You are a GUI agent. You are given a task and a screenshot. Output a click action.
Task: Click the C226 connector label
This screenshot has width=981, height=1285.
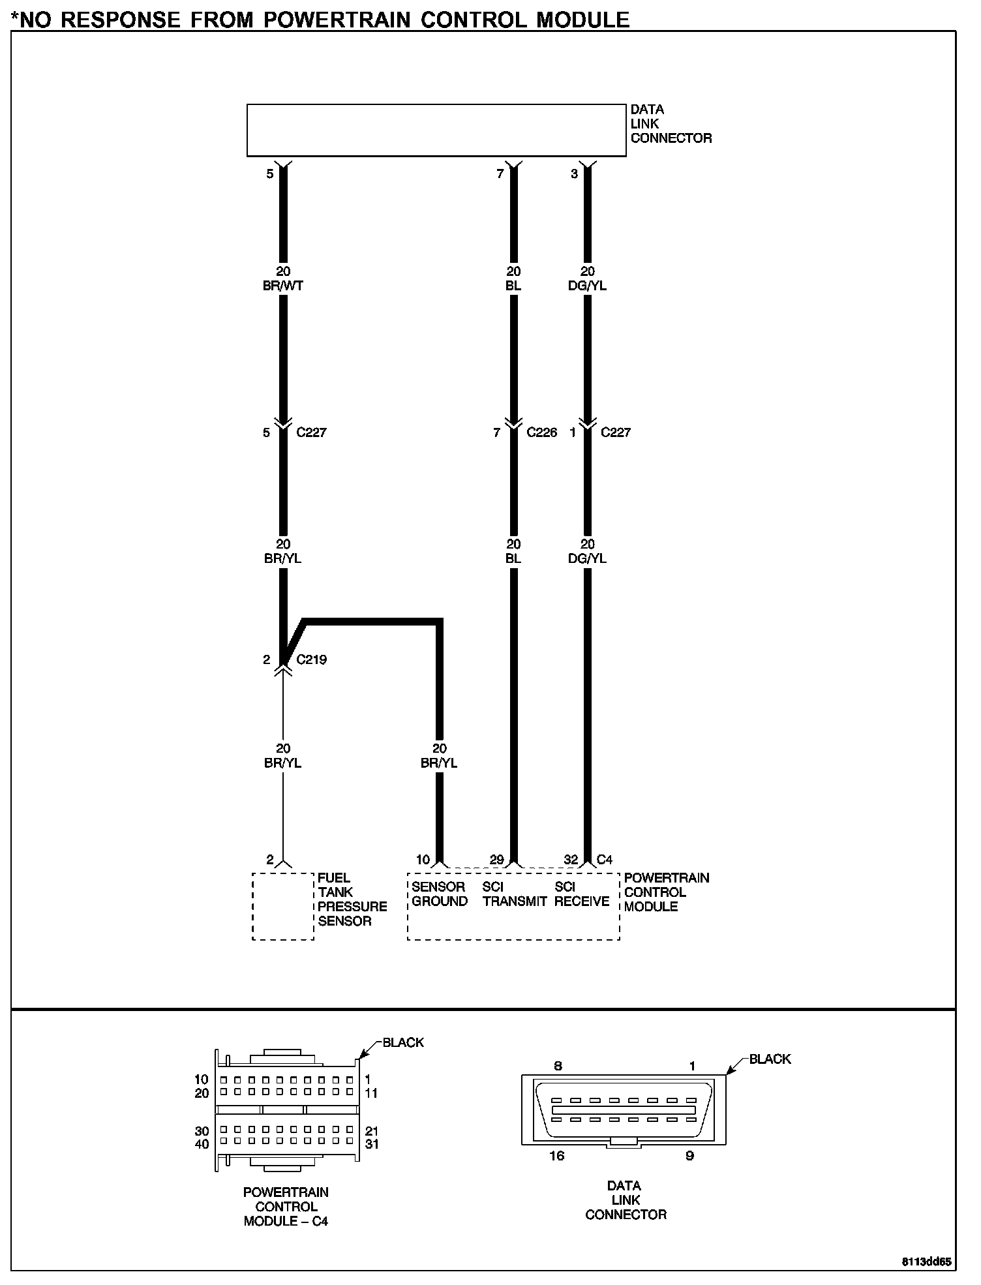(x=542, y=432)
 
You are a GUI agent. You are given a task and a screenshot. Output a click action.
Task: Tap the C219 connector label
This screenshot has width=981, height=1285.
(x=311, y=659)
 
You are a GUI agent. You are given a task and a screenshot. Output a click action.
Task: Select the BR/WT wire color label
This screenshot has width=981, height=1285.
(x=283, y=286)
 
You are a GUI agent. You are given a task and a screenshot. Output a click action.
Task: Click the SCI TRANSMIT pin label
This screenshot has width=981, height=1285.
(x=514, y=894)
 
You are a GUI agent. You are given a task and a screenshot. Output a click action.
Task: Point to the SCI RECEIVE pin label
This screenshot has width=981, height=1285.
(x=582, y=894)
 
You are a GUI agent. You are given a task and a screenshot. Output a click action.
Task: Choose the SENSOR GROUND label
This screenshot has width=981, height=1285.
(x=440, y=894)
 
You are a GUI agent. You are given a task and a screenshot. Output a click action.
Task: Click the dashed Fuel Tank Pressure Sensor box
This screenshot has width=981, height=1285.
(x=283, y=906)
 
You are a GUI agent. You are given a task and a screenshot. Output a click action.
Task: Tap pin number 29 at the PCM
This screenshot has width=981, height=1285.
(x=497, y=860)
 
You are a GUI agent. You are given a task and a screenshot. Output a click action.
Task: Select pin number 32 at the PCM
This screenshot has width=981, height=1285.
(x=571, y=860)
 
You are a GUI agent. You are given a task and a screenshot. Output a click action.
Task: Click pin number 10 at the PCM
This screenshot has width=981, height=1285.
(x=423, y=860)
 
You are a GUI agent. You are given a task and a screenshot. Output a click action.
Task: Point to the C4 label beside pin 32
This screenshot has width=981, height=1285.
(x=605, y=860)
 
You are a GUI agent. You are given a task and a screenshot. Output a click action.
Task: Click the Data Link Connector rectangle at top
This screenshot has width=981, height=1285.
(x=436, y=130)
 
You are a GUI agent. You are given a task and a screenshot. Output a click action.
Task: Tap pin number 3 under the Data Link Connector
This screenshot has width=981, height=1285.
(x=574, y=174)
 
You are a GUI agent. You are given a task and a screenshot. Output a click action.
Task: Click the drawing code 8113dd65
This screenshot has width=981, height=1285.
(x=927, y=1262)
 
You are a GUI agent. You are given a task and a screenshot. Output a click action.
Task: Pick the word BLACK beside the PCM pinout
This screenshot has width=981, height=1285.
(x=403, y=1042)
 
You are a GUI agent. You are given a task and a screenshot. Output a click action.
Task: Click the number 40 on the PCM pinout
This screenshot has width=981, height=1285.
(x=202, y=1144)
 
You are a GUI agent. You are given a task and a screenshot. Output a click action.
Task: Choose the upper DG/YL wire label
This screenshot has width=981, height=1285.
(x=587, y=286)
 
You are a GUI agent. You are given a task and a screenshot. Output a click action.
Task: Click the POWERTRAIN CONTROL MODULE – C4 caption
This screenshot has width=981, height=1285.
(x=286, y=1207)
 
